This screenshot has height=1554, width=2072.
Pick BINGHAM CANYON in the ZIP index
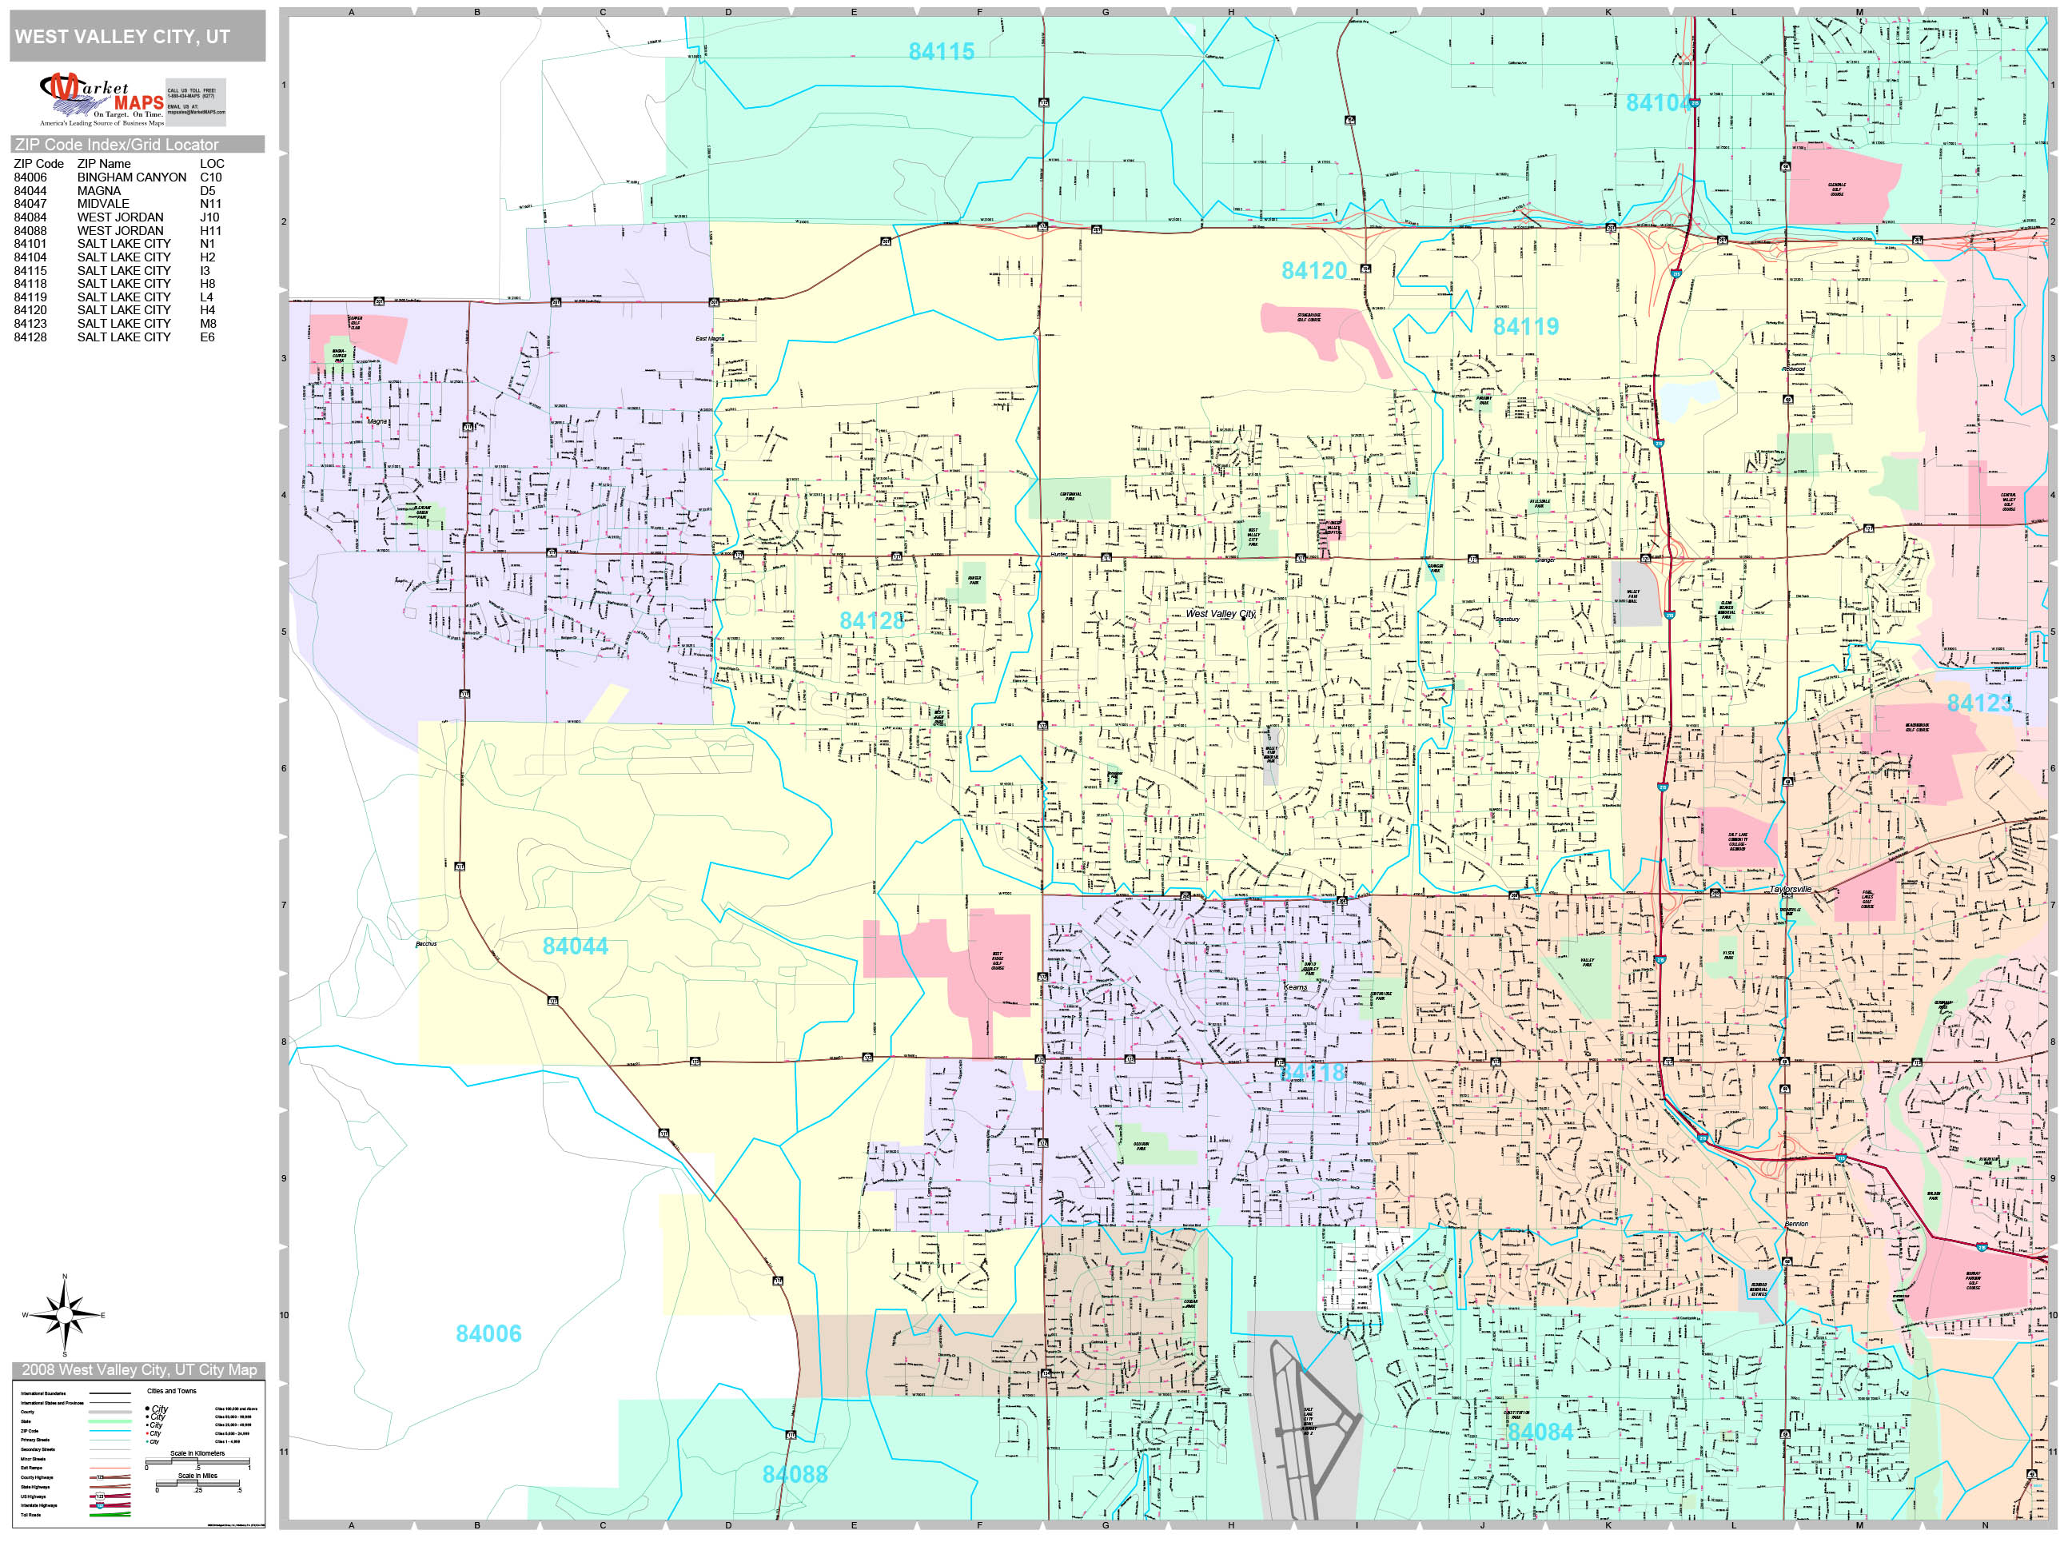pyautogui.click(x=131, y=177)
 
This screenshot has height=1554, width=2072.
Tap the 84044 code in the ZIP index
pyautogui.click(x=30, y=190)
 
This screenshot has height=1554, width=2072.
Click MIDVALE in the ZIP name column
pyautogui.click(x=103, y=203)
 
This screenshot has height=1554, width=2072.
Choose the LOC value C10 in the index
pyautogui.click(x=211, y=177)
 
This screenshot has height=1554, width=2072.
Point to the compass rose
pyautogui.click(x=65, y=1315)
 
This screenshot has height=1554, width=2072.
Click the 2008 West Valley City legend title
pyautogui.click(x=138, y=1369)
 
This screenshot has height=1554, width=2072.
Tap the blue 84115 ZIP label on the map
pyautogui.click(x=942, y=51)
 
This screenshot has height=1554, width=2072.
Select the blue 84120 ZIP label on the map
pyautogui.click(x=1313, y=271)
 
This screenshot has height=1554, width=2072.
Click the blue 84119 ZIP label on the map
pyautogui.click(x=1525, y=326)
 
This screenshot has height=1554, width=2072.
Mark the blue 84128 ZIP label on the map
pyautogui.click(x=872, y=620)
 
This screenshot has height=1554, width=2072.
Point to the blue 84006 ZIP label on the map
pyautogui.click(x=488, y=1334)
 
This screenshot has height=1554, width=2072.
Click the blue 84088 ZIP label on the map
pyautogui.click(x=795, y=1474)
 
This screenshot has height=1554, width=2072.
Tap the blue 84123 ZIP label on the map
pyautogui.click(x=1979, y=703)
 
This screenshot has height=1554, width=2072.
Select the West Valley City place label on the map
pyautogui.click(x=1221, y=614)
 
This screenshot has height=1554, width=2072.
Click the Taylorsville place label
pyautogui.click(x=1790, y=889)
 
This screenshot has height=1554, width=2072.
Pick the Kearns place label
pyautogui.click(x=1296, y=987)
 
